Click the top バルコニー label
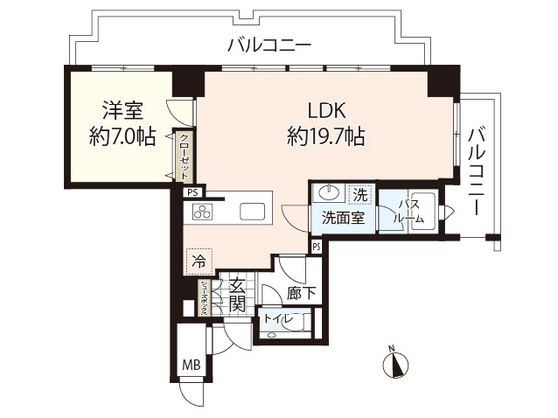coord(269,44)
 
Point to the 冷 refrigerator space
coord(198,263)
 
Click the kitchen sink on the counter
coord(252,211)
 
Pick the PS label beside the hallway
coord(315,246)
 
